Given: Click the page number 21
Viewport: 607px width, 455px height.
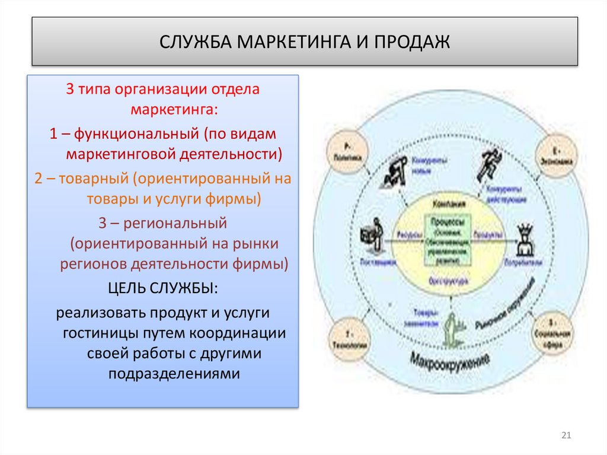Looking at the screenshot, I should coord(565,436).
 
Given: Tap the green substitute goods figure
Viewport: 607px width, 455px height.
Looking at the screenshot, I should coord(452,328).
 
